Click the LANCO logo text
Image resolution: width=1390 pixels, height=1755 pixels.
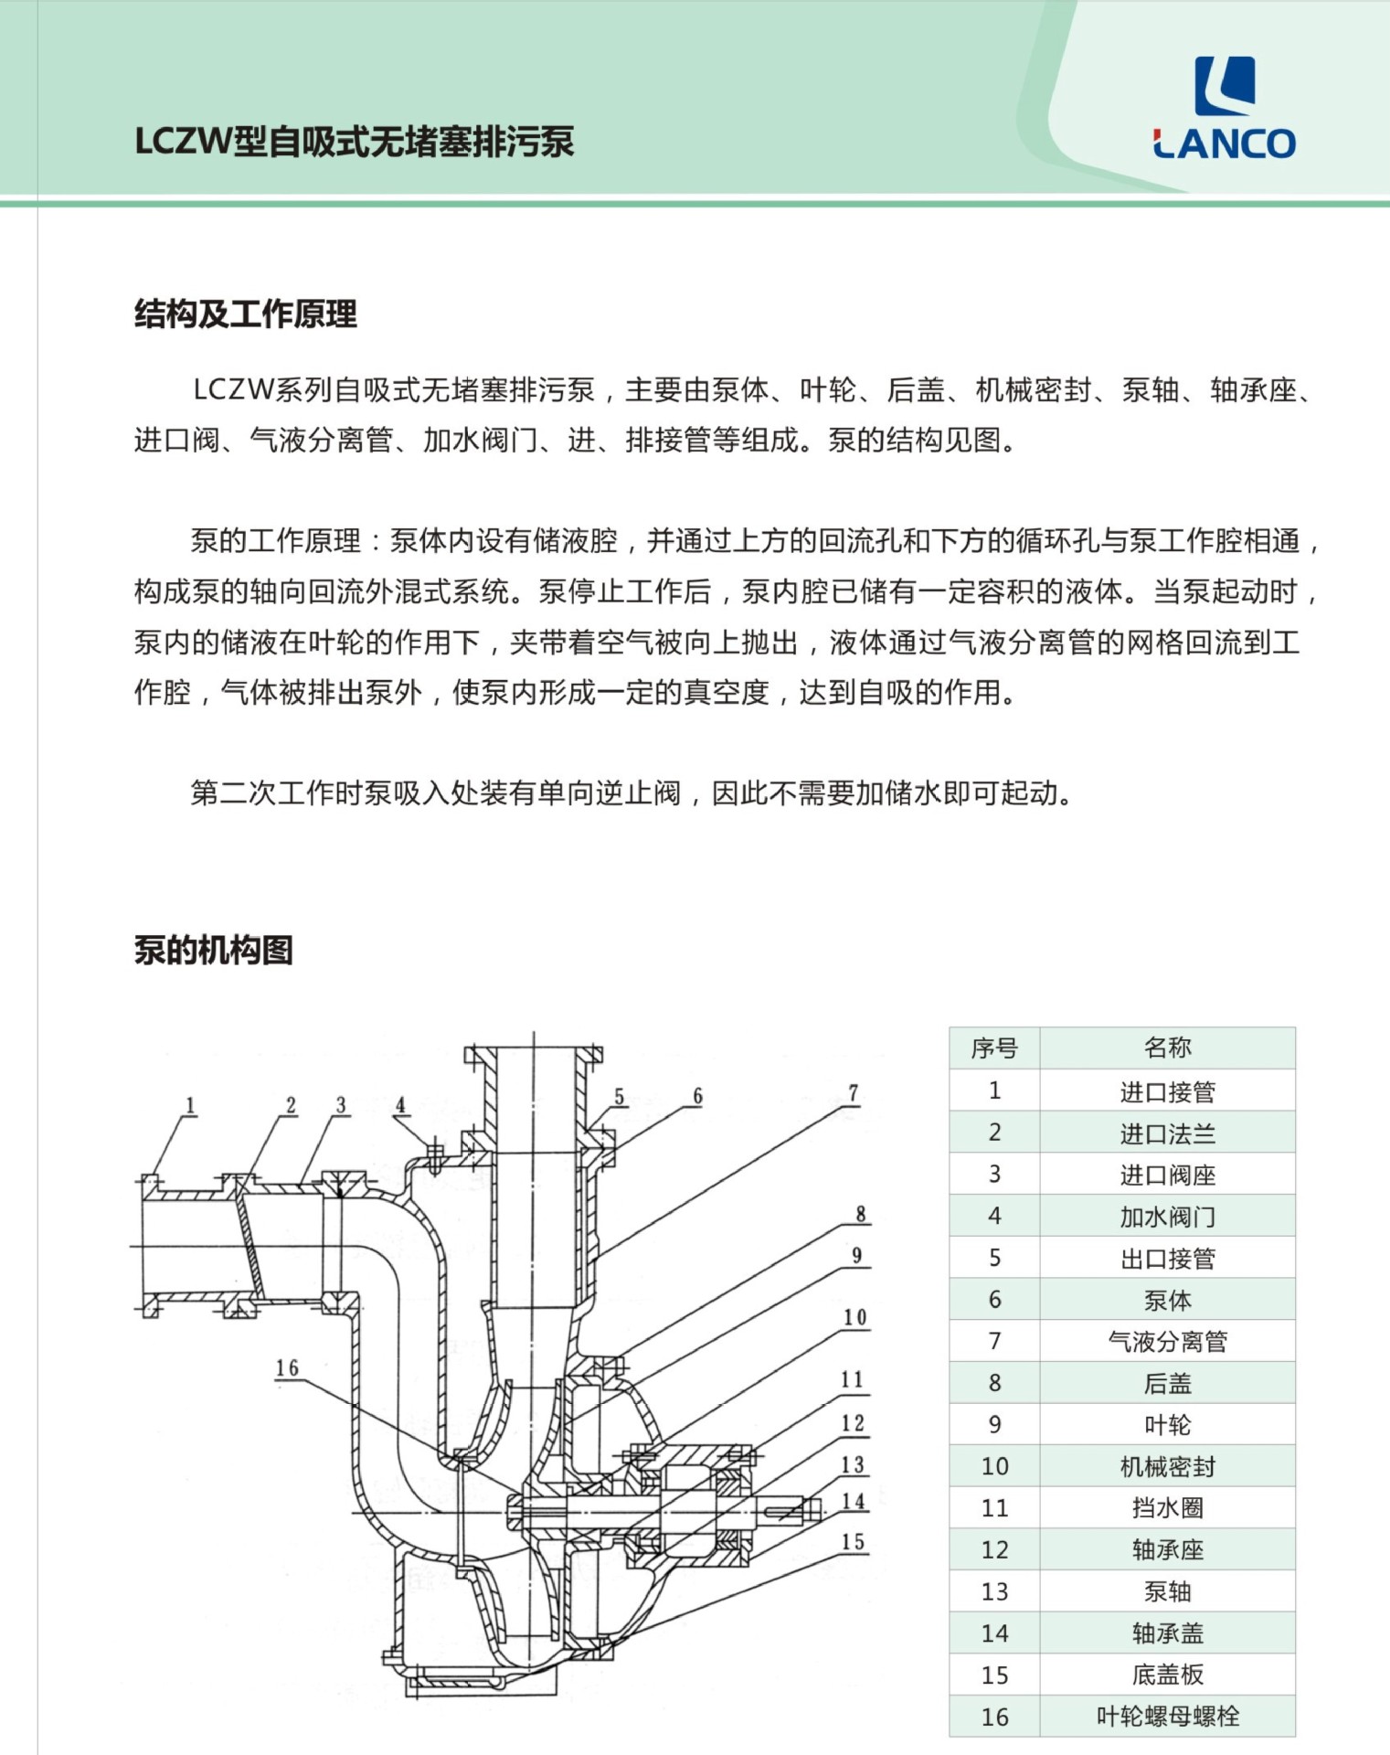click(x=1224, y=144)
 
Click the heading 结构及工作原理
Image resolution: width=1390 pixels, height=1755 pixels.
click(x=245, y=314)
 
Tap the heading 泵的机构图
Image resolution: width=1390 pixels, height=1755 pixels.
click(x=213, y=950)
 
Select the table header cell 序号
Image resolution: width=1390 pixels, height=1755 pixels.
click(x=994, y=1048)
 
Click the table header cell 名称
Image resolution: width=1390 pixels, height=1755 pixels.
click(x=1167, y=1048)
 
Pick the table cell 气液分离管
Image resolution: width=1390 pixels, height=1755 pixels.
click(x=1167, y=1341)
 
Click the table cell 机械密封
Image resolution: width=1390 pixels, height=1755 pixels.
click(x=1167, y=1466)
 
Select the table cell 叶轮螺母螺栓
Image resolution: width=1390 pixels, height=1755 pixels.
click(x=1167, y=1716)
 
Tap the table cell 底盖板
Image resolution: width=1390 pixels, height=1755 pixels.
click(x=1167, y=1675)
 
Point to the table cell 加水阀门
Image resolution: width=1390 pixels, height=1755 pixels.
click(x=1167, y=1216)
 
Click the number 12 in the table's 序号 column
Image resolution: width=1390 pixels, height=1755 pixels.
click(x=994, y=1549)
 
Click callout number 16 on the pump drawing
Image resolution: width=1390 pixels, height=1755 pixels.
click(x=287, y=1368)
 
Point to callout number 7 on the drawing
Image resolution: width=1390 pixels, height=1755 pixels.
click(x=854, y=1093)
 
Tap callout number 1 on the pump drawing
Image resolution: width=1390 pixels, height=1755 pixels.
click(x=190, y=1106)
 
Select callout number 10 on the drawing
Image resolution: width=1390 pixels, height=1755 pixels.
click(x=854, y=1317)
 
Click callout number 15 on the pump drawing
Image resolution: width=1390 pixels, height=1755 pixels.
click(x=853, y=1542)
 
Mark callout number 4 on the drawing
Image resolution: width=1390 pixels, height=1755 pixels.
click(x=400, y=1106)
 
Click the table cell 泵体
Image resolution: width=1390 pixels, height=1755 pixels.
click(x=1167, y=1299)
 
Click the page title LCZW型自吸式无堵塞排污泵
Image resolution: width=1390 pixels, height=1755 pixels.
click(x=354, y=143)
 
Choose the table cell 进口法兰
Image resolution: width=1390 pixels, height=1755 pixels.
click(x=1167, y=1133)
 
